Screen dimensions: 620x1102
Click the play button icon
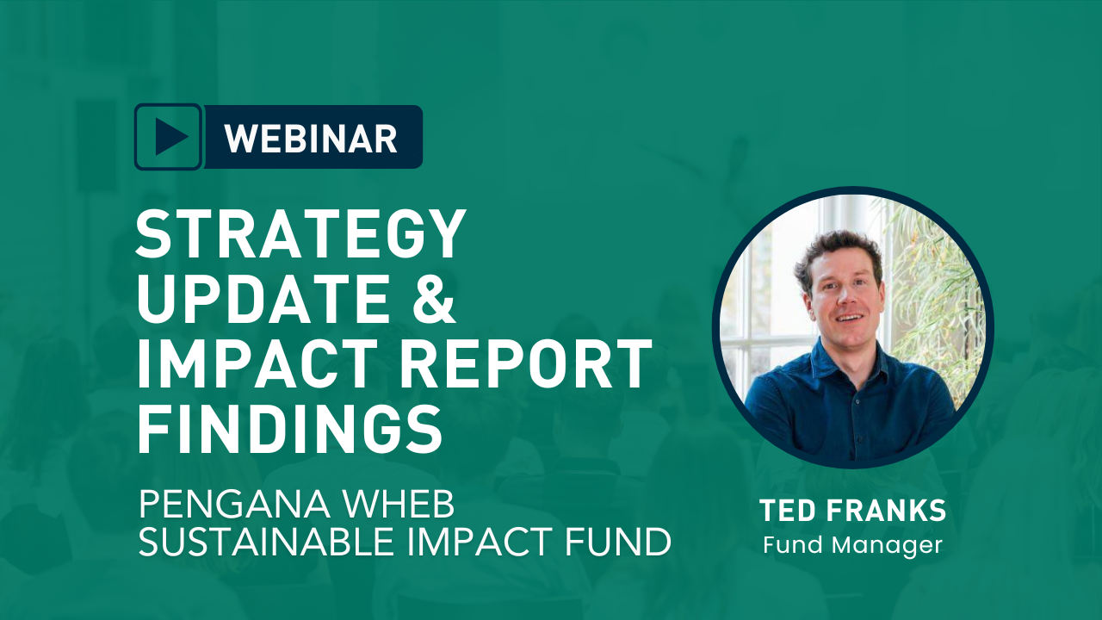[x=169, y=137]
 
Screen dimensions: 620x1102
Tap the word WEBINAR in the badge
[x=311, y=138]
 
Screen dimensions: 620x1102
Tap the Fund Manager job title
[x=852, y=545]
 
